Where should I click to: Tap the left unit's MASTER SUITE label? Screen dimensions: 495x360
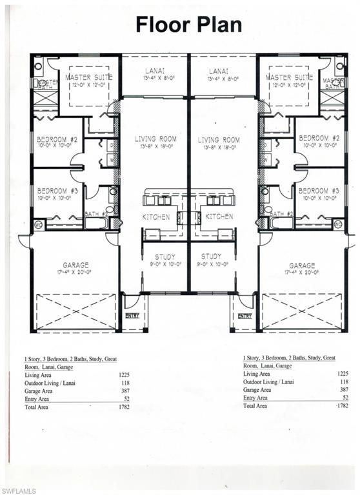[89, 77]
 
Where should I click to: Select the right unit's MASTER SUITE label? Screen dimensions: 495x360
[288, 77]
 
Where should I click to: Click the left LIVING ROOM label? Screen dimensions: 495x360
[155, 140]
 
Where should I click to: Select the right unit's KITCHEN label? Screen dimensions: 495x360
[220, 217]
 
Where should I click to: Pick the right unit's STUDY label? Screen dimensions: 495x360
[211, 256]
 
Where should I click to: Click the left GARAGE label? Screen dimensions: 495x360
[76, 265]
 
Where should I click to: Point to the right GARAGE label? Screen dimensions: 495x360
[302, 265]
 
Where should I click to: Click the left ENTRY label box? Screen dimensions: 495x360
[132, 316]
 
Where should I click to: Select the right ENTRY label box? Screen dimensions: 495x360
[245, 316]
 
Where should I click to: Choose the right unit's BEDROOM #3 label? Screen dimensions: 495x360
[319, 191]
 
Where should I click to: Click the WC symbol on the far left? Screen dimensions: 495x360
[38, 224]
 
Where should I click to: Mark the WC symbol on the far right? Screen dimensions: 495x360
[338, 224]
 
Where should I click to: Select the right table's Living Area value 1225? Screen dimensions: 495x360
[343, 374]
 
